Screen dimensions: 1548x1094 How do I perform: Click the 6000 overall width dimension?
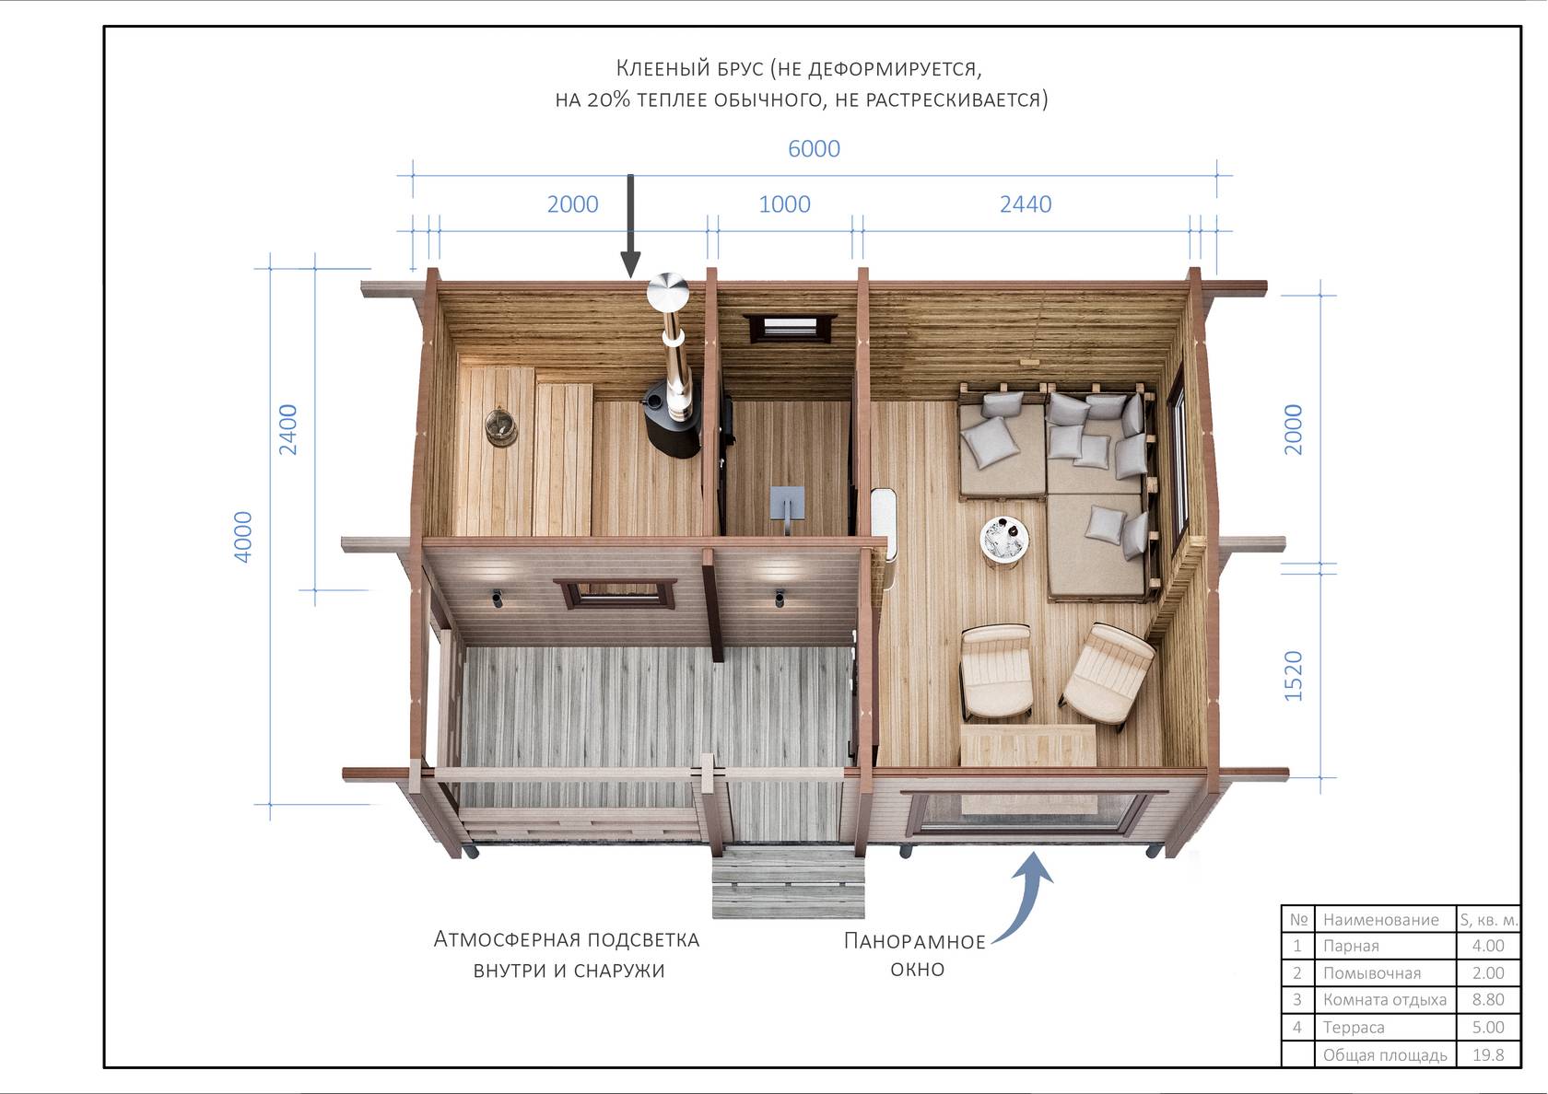coord(815,148)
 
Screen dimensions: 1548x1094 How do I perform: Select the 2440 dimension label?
coord(1026,204)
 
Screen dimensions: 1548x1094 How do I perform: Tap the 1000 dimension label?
coord(784,204)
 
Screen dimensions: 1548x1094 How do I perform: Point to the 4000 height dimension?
coord(242,537)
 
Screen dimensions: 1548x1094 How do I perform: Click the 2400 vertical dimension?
coord(287,429)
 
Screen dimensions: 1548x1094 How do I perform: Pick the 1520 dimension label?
coord(1293,676)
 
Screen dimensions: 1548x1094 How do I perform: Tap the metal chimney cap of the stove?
coord(667,291)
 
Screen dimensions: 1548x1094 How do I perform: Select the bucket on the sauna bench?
coord(500,428)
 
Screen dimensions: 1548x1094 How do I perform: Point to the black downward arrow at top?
coord(630,226)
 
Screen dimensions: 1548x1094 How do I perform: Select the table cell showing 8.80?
coord(1488,999)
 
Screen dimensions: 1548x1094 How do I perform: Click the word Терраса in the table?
coord(1353,1027)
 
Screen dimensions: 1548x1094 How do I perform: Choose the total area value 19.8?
coord(1488,1054)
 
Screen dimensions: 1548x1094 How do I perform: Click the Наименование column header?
coord(1380,919)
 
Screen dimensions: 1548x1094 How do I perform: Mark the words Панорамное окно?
coord(916,955)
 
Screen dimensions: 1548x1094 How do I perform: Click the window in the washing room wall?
coord(790,328)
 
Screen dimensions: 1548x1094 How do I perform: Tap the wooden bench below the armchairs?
coord(1027,744)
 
